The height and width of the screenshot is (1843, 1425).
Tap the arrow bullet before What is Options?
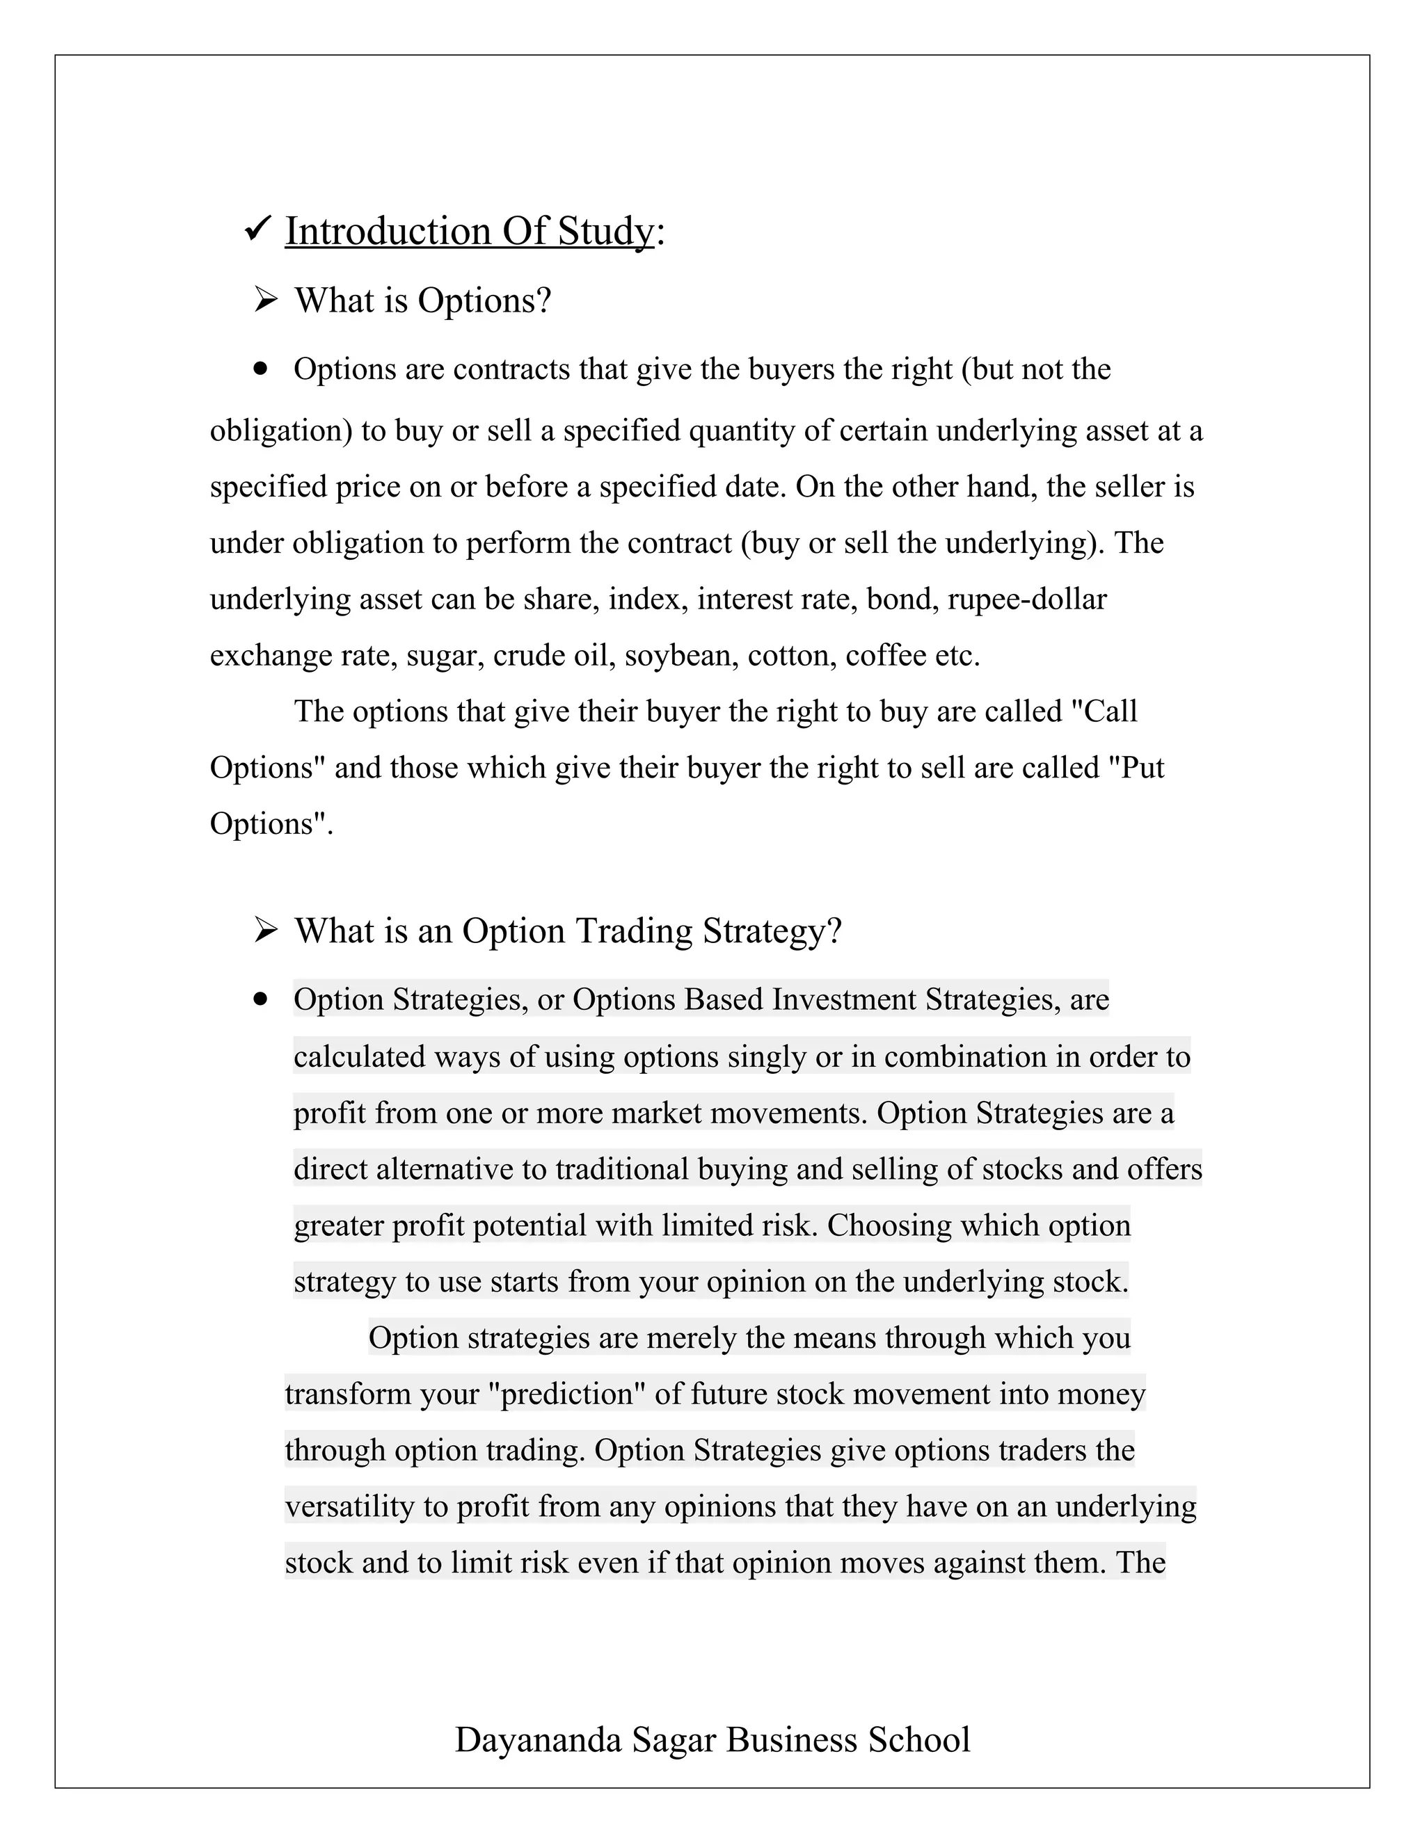pyautogui.click(x=265, y=300)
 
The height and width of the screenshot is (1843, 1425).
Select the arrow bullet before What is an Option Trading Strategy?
pyautogui.click(x=265, y=930)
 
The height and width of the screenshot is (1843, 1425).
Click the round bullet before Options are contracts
pyautogui.click(x=261, y=369)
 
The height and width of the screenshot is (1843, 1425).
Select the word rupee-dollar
pyautogui.click(x=1026, y=599)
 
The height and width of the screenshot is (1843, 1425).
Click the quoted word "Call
pyautogui.click(x=1104, y=711)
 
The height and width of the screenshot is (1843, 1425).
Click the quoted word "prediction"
pyautogui.click(x=566, y=1393)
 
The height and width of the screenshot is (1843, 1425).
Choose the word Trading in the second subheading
pyautogui.click(x=633, y=930)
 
